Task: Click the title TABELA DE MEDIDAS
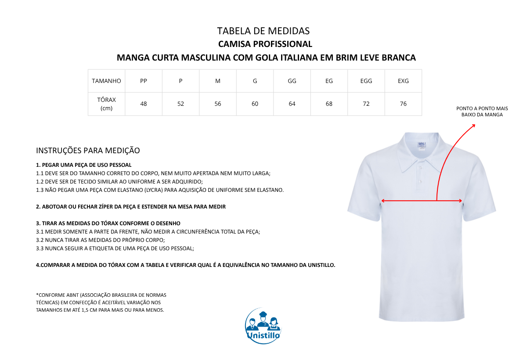pos(263,31)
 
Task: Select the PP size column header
pos(144,81)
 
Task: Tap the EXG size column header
pos(403,81)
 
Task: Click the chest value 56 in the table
pos(218,104)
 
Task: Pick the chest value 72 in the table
pos(366,104)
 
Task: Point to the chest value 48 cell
pos(144,104)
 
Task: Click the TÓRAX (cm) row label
pos(107,104)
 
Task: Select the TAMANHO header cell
pos(107,81)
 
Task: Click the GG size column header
pos(292,81)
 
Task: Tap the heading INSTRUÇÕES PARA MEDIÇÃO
pos(88,151)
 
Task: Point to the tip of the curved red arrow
pos(475,125)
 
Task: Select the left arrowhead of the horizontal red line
pos(383,201)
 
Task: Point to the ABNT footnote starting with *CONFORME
pos(101,302)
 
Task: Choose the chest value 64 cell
pos(292,104)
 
